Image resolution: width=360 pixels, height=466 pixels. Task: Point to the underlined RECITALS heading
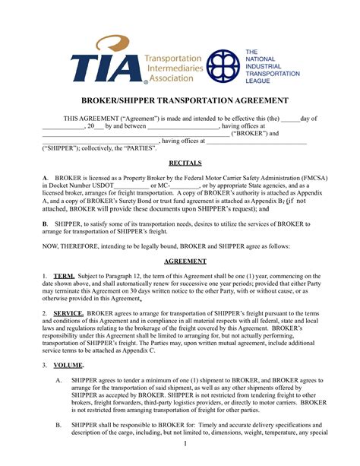(180, 163)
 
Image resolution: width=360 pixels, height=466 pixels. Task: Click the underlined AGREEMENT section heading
(180, 259)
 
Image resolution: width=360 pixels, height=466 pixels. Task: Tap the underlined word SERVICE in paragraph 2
(68, 312)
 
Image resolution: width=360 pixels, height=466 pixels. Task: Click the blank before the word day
(290, 119)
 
